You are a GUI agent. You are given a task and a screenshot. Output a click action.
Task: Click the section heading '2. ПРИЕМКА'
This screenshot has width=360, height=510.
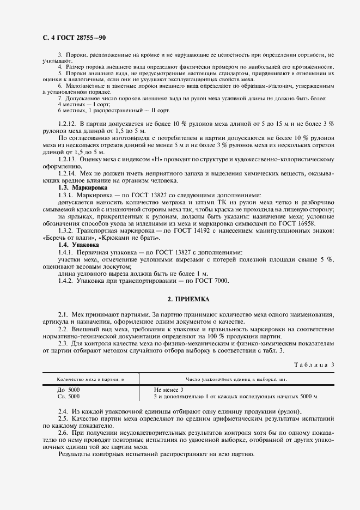point(188,300)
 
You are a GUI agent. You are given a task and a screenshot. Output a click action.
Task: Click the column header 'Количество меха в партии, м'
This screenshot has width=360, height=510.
point(90,379)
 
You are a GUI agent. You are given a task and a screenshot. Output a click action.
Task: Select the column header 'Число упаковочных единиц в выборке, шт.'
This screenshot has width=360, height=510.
point(237,379)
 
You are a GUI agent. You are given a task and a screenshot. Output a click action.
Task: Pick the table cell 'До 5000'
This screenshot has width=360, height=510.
point(68,390)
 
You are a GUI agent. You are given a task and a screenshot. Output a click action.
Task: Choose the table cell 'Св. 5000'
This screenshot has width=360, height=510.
point(68,397)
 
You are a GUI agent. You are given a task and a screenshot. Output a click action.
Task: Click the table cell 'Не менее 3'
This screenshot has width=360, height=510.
point(170,390)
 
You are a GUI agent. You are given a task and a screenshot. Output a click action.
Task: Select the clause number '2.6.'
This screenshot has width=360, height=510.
point(63,432)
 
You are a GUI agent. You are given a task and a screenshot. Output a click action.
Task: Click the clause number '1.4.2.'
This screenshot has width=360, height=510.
point(65,281)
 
